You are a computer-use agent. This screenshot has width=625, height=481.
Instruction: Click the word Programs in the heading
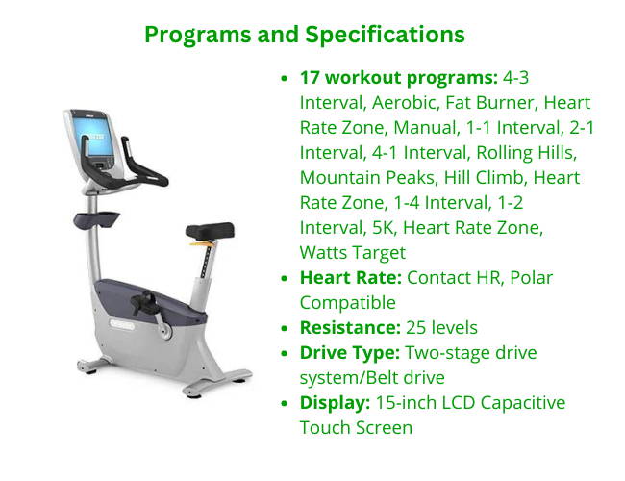point(198,35)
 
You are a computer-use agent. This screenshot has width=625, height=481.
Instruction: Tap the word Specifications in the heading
point(385,35)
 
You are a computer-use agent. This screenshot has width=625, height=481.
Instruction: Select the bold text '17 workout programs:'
point(399,77)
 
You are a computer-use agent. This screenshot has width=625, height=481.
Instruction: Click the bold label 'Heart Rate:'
point(351,278)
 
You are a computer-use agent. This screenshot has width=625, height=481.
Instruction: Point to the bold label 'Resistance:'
point(350,328)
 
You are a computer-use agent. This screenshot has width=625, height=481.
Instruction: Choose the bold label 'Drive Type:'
point(350,353)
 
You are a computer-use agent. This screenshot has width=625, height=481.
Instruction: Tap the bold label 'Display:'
point(336,403)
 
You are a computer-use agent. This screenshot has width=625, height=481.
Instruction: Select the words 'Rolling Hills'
point(526,153)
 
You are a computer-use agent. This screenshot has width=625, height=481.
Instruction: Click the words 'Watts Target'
point(353,253)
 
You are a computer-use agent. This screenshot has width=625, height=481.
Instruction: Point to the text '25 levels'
point(441,328)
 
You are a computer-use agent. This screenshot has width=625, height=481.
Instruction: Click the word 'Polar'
point(532,278)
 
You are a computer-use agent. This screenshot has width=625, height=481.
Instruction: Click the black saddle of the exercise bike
point(210,231)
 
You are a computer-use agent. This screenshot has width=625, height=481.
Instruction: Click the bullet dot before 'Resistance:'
point(285,328)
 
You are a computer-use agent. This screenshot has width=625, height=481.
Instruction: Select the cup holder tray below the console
point(96,219)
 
